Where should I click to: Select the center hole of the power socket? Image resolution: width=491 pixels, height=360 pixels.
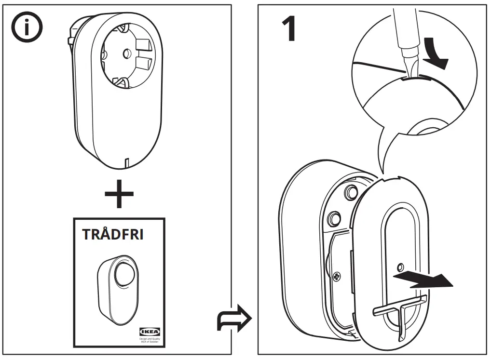click(128, 54)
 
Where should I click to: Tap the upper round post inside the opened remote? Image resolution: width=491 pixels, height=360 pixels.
click(347, 193)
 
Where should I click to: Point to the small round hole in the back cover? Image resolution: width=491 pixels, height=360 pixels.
click(399, 266)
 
